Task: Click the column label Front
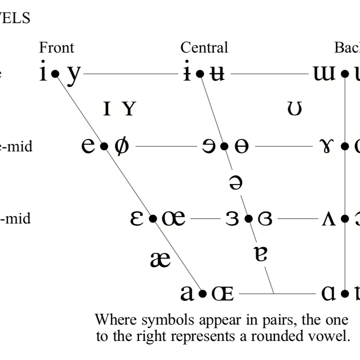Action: click(x=56, y=47)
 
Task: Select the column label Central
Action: click(x=204, y=47)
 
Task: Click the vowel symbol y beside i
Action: click(x=73, y=74)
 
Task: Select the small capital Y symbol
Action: click(x=129, y=109)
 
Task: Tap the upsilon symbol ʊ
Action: click(x=295, y=109)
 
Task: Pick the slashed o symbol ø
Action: click(x=121, y=146)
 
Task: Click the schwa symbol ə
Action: click(x=236, y=182)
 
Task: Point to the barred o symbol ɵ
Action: click(x=241, y=147)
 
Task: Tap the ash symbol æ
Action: click(x=160, y=259)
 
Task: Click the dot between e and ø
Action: click(x=104, y=146)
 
